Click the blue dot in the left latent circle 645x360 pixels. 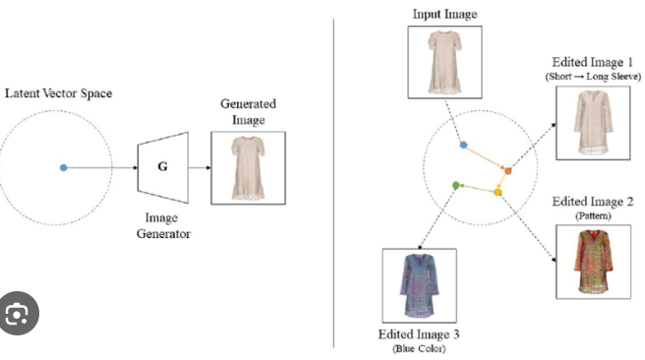pyautogui.click(x=64, y=168)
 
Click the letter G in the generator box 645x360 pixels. pyautogui.click(x=162, y=168)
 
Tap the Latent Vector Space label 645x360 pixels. pyautogui.click(x=60, y=93)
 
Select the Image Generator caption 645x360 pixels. pyautogui.click(x=163, y=225)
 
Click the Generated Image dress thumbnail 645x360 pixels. pyautogui.click(x=248, y=167)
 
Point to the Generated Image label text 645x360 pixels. pyautogui.click(x=248, y=111)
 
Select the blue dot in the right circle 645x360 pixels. pyautogui.click(x=463, y=145)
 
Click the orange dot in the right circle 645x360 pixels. pyautogui.click(x=508, y=171)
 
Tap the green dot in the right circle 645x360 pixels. pyautogui.click(x=454, y=184)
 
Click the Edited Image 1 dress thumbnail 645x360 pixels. pyautogui.click(x=590, y=123)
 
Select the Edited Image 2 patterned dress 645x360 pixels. pyautogui.click(x=590, y=261)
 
